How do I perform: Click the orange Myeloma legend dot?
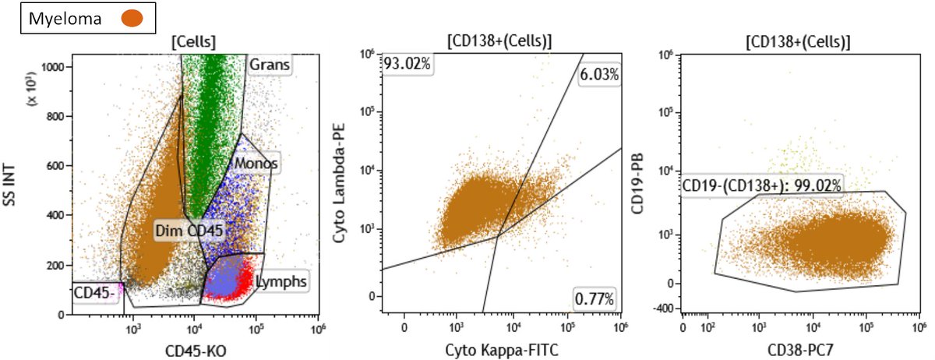[x=134, y=19]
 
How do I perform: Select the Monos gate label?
[x=256, y=164]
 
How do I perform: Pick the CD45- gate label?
[x=93, y=293]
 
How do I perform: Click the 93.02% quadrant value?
[x=406, y=63]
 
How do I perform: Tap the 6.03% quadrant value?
[x=598, y=75]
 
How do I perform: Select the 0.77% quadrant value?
[x=594, y=298]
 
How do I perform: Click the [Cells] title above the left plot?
[x=193, y=41]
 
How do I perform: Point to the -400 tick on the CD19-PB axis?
[x=665, y=309]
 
